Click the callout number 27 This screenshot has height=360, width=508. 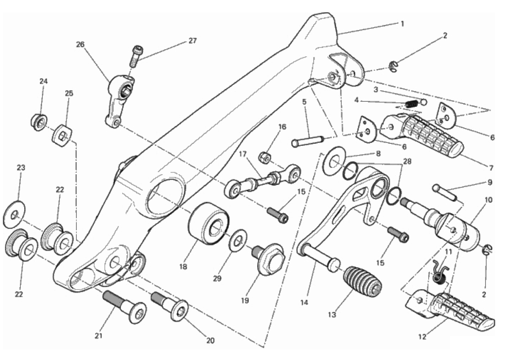[x=192, y=41]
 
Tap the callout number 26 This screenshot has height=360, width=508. [x=80, y=45]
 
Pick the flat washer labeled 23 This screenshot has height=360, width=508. [x=14, y=214]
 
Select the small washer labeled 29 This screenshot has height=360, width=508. [x=238, y=240]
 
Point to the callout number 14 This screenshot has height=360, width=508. [x=304, y=303]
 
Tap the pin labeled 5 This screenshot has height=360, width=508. [x=308, y=142]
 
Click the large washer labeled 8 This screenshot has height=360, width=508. [x=334, y=161]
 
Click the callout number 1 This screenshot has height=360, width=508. [x=402, y=24]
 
